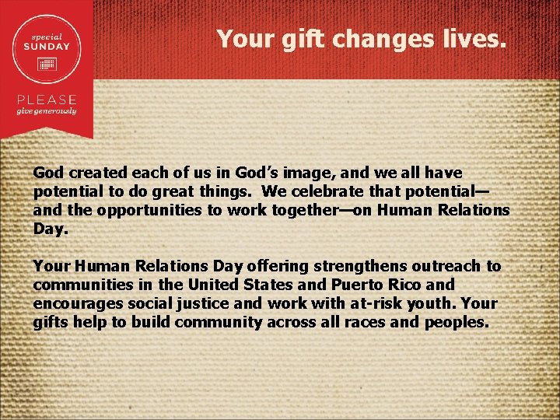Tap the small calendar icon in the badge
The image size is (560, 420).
[x=51, y=61]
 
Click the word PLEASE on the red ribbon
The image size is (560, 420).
[x=47, y=100]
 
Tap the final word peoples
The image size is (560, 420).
[x=457, y=322]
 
